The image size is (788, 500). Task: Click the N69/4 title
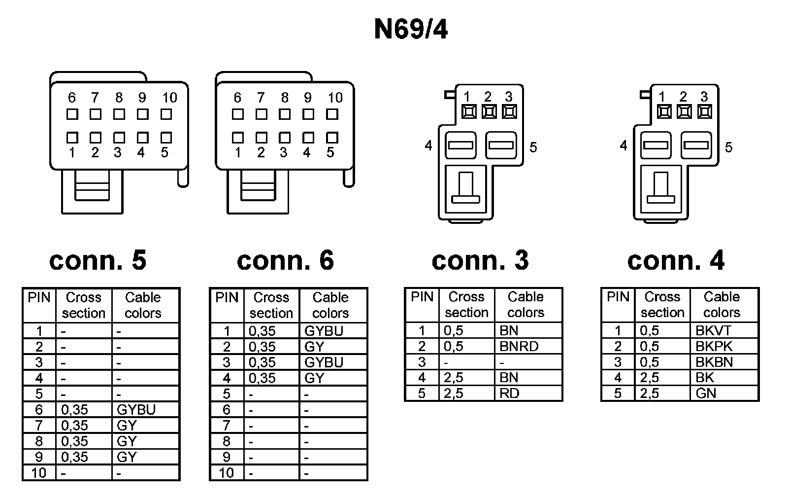411,30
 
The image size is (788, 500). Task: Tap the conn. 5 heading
98,260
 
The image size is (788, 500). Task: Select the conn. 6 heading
285,260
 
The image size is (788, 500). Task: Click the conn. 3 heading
480,260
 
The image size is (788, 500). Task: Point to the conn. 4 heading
676,260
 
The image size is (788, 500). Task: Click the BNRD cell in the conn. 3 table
519,346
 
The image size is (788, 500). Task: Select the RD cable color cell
509,393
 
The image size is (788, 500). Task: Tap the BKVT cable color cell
714,330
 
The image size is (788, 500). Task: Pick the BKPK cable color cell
714,346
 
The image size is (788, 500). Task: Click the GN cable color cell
706,393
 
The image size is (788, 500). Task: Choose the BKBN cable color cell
714,362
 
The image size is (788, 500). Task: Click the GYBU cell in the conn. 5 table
136,410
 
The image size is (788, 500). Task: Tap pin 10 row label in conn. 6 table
227,473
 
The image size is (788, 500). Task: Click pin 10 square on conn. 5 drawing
166,114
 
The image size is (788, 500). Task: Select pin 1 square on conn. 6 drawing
238,138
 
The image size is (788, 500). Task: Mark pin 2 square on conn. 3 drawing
489,111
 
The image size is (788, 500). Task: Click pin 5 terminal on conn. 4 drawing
696,145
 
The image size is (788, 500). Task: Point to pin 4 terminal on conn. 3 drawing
460,145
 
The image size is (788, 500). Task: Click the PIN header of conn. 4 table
618,297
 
